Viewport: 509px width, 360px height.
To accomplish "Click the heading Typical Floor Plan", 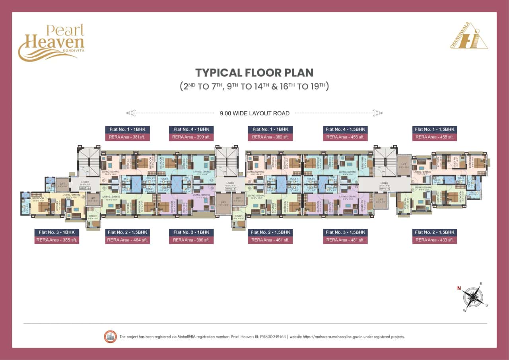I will pos(254,73).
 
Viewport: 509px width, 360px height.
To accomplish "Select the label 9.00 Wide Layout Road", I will pos(254,113).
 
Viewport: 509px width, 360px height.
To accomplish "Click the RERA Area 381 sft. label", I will pos(127,137).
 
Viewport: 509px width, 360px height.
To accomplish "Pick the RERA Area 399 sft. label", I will pos(191,137).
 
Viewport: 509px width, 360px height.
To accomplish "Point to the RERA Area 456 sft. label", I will pos(345,137).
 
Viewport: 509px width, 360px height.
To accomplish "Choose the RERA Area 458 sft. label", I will pos(434,137).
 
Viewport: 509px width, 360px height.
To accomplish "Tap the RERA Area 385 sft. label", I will pos(57,240).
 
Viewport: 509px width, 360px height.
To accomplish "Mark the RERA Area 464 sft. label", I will pos(127,240).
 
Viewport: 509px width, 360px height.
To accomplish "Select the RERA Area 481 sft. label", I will pos(345,240).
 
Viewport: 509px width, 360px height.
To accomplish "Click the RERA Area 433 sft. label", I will pos(434,240).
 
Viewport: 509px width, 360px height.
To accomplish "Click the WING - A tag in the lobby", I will pos(85,188).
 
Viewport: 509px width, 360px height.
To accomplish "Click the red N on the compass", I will pos(458,288).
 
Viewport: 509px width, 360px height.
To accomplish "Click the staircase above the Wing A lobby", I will pos(88,161).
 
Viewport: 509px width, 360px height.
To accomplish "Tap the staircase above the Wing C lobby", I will pos(385,161).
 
